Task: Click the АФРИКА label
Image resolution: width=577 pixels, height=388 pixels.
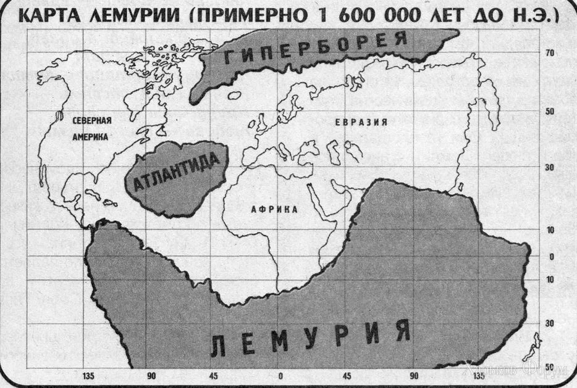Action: pos(274,210)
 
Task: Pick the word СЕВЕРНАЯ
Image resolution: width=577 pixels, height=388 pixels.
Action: pos(91,121)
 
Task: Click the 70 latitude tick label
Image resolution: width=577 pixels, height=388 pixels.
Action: pos(549,54)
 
